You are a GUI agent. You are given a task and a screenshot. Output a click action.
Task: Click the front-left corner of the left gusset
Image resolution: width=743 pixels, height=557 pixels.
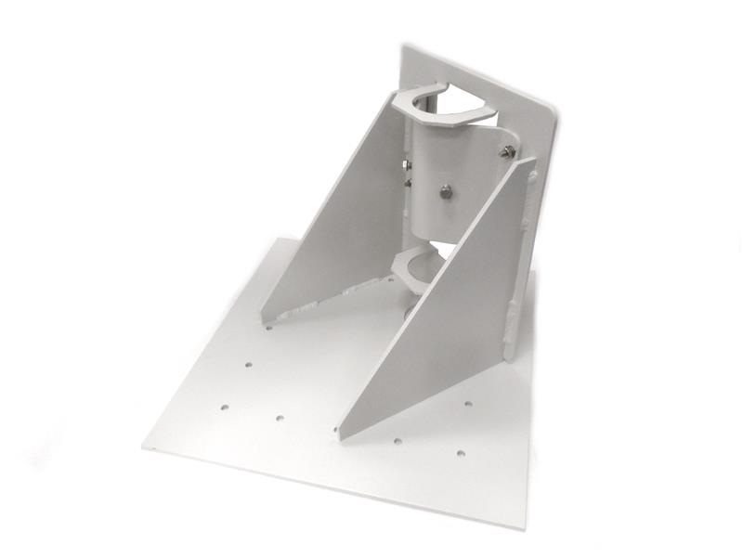click(261, 317)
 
